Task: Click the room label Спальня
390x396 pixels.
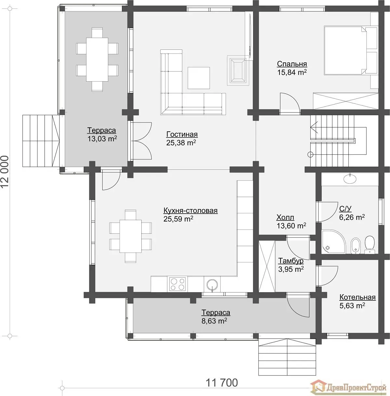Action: point(292,64)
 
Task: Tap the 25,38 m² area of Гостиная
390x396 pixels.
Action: point(181,143)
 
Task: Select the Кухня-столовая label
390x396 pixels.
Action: point(190,211)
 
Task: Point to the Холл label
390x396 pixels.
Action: point(285,217)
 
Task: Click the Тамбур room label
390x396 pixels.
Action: point(291,261)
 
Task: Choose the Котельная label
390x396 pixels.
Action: point(357,297)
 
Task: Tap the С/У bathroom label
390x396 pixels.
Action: point(345,209)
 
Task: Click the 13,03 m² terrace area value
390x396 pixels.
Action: point(102,139)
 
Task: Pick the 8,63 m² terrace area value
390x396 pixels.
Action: point(214,321)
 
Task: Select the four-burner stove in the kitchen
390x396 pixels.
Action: point(177,284)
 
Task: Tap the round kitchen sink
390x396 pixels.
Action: point(212,284)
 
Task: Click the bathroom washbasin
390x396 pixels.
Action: point(350,178)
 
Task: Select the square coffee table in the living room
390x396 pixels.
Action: point(199,78)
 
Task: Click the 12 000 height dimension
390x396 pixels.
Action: point(5,172)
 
